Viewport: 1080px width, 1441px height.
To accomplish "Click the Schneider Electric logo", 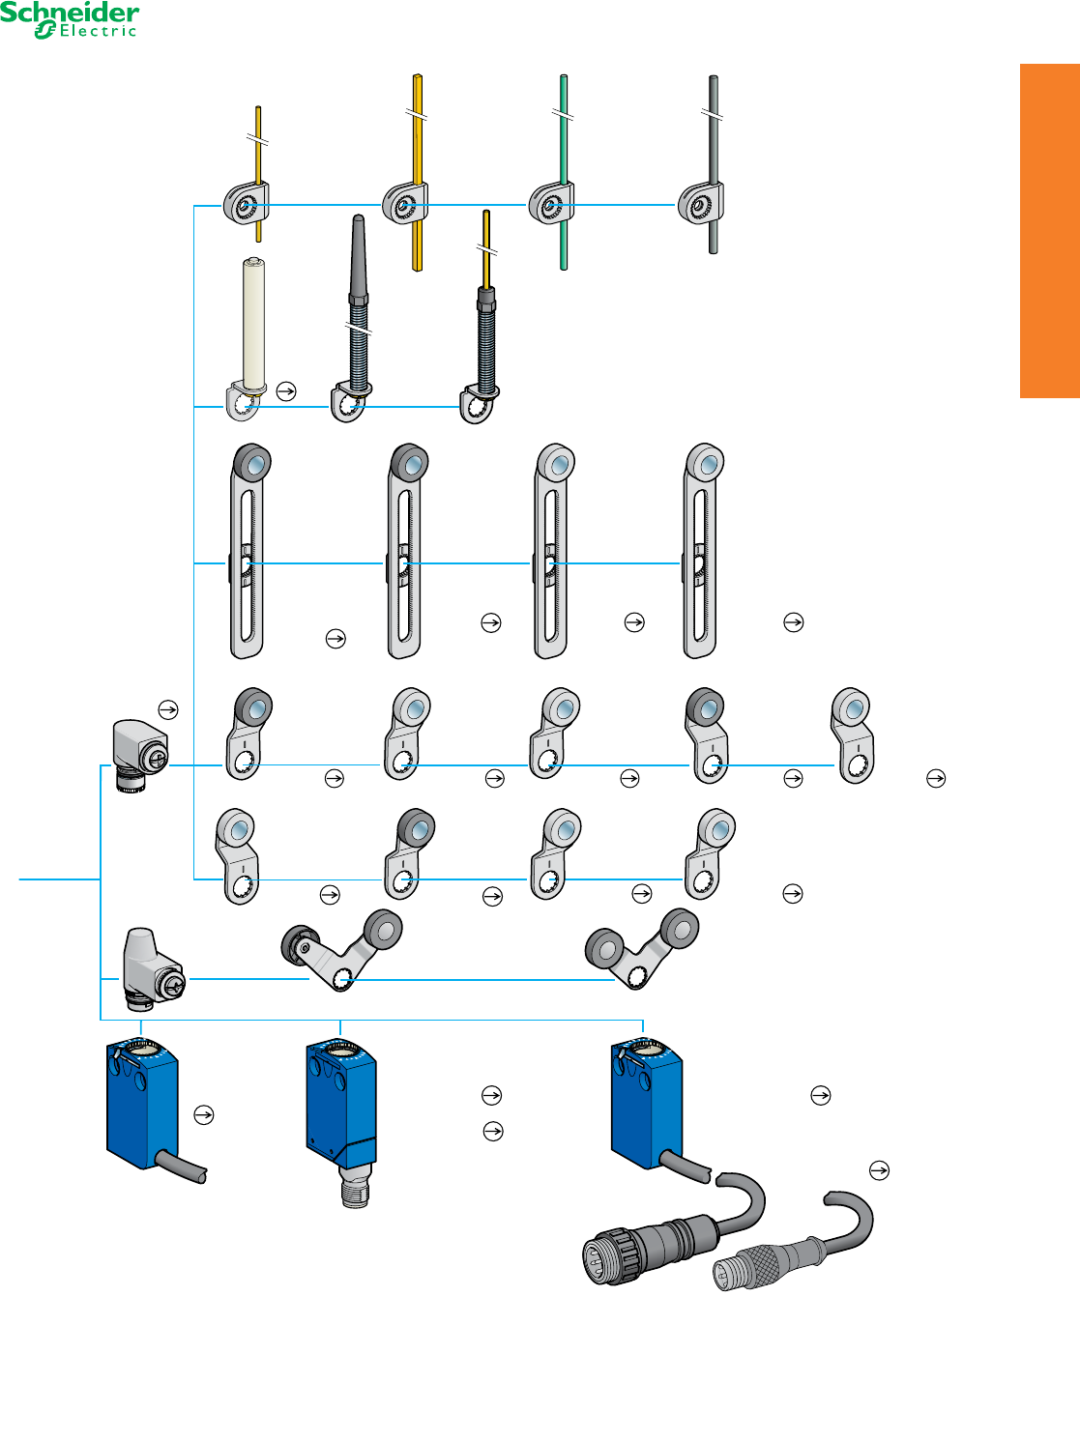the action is [x=70, y=20].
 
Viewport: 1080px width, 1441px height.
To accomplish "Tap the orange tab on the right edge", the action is [x=1049, y=230].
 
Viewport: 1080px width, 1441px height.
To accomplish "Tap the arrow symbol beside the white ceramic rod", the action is [x=286, y=391].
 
